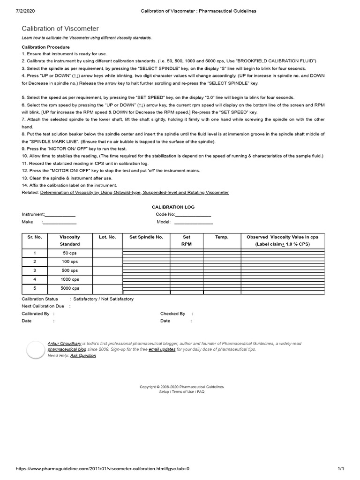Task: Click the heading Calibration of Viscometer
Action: pyautogui.click(x=60, y=29)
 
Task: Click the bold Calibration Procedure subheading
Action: pyautogui.click(x=45, y=47)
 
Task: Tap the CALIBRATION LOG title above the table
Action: pyautogui.click(x=173, y=207)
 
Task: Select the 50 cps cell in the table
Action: pyautogui.click(x=69, y=253)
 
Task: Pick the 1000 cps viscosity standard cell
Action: pyautogui.click(x=69, y=279)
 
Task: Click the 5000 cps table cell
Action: pyautogui.click(x=69, y=288)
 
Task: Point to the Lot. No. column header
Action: pyautogui.click(x=107, y=237)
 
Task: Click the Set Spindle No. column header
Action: pyautogui.click(x=146, y=237)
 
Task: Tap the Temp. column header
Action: pyautogui.click(x=221, y=237)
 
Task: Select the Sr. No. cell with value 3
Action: pyautogui.click(x=34, y=270)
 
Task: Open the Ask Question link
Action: pyautogui.click(x=83, y=356)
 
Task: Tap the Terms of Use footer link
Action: pyautogui.click(x=183, y=392)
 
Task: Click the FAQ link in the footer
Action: pyautogui.click(x=200, y=392)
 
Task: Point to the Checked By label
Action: pyautogui.click(x=172, y=314)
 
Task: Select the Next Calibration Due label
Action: pyautogui.click(x=43, y=306)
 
